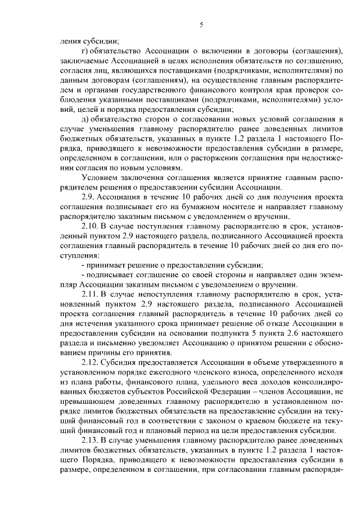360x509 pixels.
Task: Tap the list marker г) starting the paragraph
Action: (x=85, y=51)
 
